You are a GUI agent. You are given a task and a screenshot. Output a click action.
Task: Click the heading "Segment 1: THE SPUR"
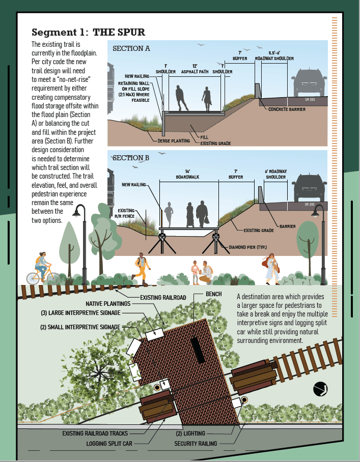[88, 33]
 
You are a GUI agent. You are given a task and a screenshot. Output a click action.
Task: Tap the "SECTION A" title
[131, 49]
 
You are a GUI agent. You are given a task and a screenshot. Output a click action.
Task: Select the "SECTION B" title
[131, 158]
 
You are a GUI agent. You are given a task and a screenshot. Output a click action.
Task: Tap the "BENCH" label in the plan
[213, 294]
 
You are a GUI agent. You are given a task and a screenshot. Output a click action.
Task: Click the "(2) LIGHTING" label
[190, 434]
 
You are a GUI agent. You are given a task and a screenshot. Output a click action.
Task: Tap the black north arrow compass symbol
[320, 389]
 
